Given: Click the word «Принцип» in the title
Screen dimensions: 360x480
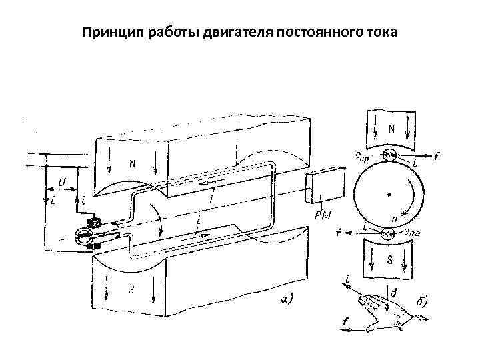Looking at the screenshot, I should pos(111,31).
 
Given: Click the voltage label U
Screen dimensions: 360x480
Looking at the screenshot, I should pos(61,181).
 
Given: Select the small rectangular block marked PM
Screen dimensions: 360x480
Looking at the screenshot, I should pos(323,187).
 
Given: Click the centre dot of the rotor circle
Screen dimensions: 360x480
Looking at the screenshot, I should pos(388,194).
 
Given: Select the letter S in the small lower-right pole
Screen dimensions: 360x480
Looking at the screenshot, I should pos(389,261).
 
